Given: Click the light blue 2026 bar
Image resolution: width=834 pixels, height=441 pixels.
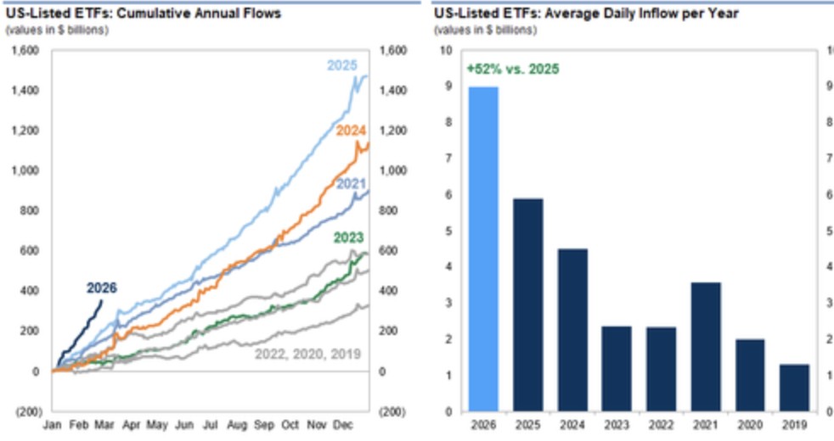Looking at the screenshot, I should tap(483, 248).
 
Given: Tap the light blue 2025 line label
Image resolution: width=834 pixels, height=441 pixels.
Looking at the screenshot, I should tap(343, 66).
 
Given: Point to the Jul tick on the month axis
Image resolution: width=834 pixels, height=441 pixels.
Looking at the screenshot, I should tap(210, 424).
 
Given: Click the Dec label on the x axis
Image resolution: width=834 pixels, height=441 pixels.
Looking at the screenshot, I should tap(343, 424).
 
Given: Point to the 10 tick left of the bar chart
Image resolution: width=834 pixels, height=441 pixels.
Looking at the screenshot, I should tap(445, 50).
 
